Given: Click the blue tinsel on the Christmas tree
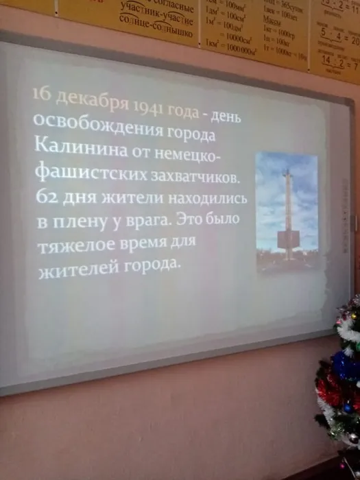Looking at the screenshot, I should tap(345, 366).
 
